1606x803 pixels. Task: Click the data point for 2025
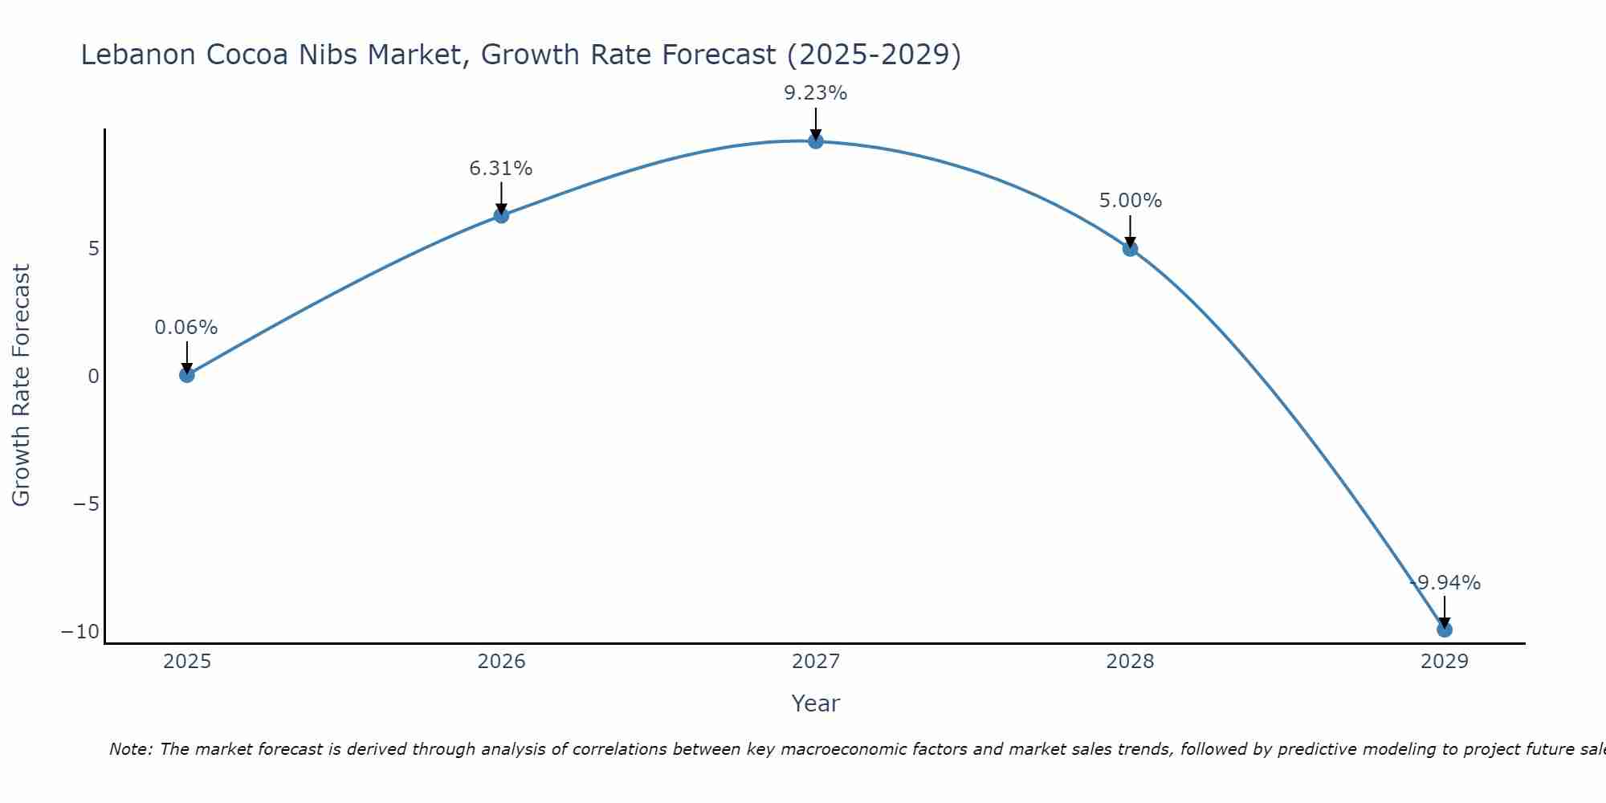(187, 374)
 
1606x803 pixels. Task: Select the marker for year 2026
(501, 215)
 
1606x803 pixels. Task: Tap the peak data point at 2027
(816, 141)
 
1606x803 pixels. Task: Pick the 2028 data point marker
(1130, 249)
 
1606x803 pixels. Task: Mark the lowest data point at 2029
(1444, 630)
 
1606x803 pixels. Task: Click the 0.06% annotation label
(186, 328)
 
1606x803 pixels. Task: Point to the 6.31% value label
(501, 169)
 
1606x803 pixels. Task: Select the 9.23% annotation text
(816, 93)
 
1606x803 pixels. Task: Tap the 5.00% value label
(1130, 201)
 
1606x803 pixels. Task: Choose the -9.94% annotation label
(1445, 583)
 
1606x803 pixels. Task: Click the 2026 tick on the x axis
(501, 662)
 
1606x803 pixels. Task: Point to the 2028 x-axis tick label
(1130, 662)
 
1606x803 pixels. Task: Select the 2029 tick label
(1444, 662)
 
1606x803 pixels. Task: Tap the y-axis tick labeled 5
(94, 249)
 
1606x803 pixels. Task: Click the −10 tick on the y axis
(80, 632)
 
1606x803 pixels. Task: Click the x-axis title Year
(816, 703)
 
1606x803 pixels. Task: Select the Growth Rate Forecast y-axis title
(21, 385)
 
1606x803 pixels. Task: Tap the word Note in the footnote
(129, 749)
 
